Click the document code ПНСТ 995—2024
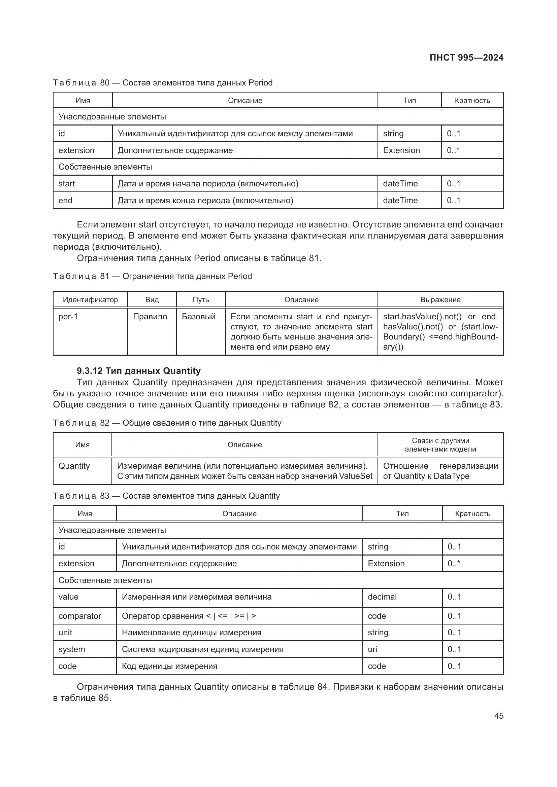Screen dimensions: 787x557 click(x=466, y=58)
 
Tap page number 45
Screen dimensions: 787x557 click(x=499, y=716)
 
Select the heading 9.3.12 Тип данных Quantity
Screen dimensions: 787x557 click(x=138, y=371)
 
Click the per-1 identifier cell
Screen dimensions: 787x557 click(x=68, y=316)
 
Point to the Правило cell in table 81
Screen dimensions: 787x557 click(x=150, y=316)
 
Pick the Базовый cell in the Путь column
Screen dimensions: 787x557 click(x=199, y=316)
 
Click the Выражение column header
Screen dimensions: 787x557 click(x=440, y=299)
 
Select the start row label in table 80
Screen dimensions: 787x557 click(x=67, y=184)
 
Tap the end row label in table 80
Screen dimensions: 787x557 click(x=66, y=201)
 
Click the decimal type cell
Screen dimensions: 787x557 click(x=382, y=597)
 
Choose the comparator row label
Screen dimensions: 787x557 click(x=79, y=616)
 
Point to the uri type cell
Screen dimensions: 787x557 click(x=372, y=649)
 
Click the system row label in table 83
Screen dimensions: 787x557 click(x=72, y=649)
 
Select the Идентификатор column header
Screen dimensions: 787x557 click(x=90, y=299)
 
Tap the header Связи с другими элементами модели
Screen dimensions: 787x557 click(x=440, y=445)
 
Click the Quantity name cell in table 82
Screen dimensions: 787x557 click(x=74, y=466)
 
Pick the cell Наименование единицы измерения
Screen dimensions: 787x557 click(x=191, y=633)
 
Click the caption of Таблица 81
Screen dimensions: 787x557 click(x=152, y=276)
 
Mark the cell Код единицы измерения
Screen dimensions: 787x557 click(x=169, y=666)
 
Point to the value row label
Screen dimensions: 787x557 click(x=69, y=597)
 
